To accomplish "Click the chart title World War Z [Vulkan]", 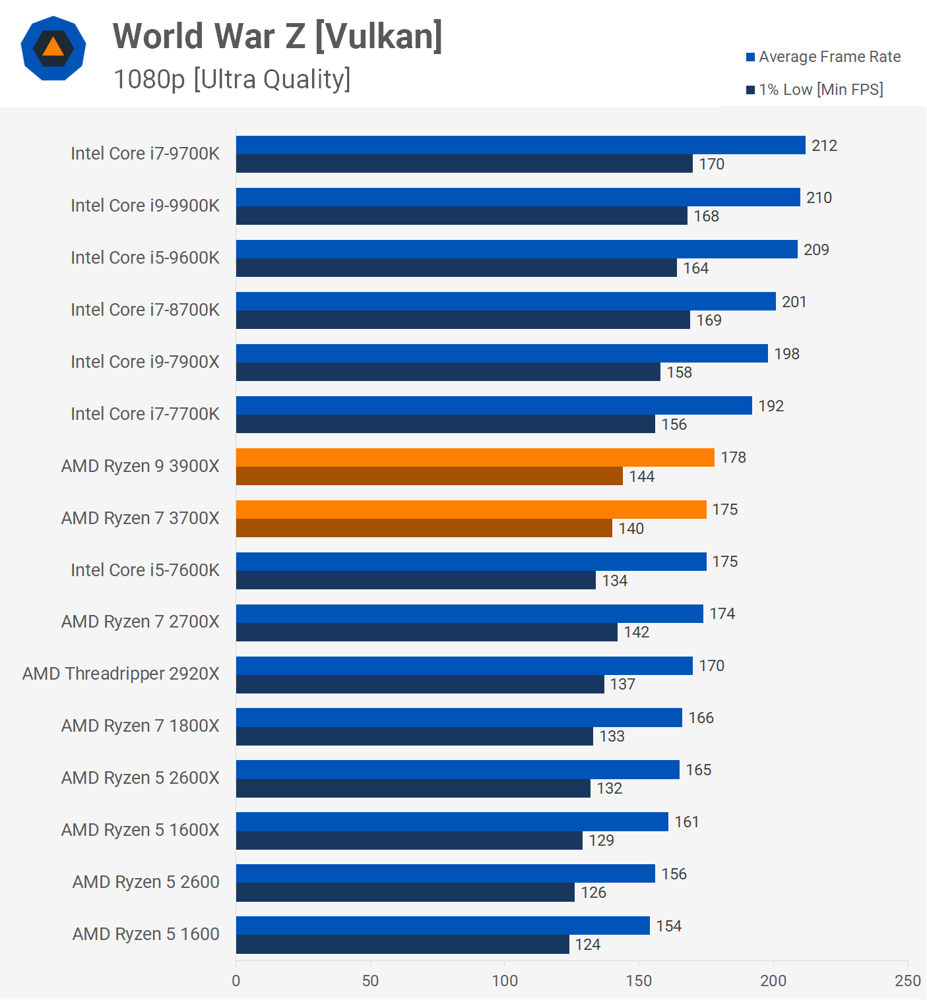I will click(277, 36).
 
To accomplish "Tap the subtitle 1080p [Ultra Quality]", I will click(232, 79).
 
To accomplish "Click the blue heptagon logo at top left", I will click(53, 48).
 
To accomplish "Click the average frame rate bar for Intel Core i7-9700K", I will click(520, 145).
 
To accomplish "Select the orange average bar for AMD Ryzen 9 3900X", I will click(475, 457).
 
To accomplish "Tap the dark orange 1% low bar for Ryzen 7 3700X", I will click(424, 528).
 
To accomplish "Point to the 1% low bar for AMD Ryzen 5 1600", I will click(402, 944).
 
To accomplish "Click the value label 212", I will click(824, 146).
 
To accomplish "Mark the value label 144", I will click(641, 477).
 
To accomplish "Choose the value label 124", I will click(587, 945).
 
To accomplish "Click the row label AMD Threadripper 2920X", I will click(121, 674).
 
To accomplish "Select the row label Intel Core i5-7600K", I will click(145, 570).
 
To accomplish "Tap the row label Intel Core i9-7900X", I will click(145, 361).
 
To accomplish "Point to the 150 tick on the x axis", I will click(639, 980).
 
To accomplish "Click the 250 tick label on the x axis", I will click(907, 980).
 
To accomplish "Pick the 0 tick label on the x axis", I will click(236, 980).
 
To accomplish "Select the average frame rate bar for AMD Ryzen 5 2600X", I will click(457, 769).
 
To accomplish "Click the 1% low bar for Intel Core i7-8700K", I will click(463, 320).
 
